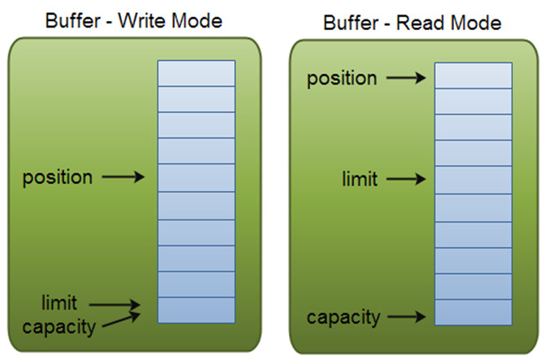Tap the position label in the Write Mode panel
58,178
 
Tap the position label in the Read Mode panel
342,79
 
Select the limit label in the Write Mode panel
59,302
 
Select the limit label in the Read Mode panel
360,179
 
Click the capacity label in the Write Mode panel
59,327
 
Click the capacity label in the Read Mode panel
343,318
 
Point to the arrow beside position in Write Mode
123,176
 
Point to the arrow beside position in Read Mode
406,78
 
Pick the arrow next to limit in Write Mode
114,305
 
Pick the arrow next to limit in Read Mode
406,179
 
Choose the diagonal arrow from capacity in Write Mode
122,320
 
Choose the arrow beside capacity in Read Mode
407,316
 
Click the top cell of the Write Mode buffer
196,73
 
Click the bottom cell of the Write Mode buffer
196,310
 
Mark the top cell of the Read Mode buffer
473,76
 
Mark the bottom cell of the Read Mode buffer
473,312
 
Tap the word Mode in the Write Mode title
196,20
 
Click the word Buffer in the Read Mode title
351,23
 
